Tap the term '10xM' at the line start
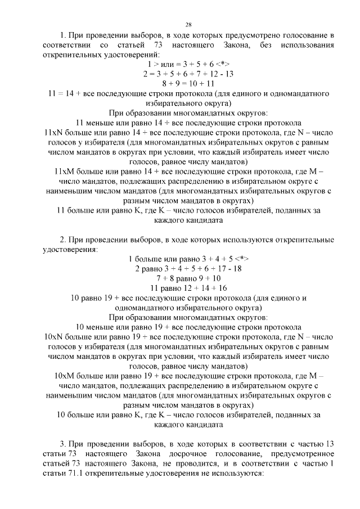click(65, 375)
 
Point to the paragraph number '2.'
click(64, 240)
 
